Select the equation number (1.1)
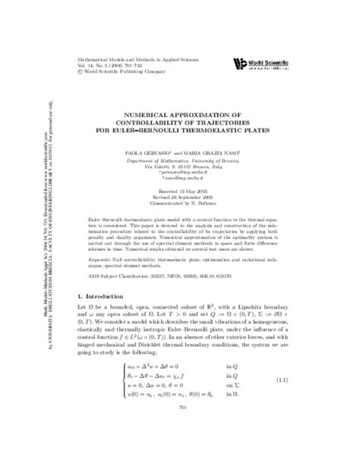(x=323, y=421)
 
